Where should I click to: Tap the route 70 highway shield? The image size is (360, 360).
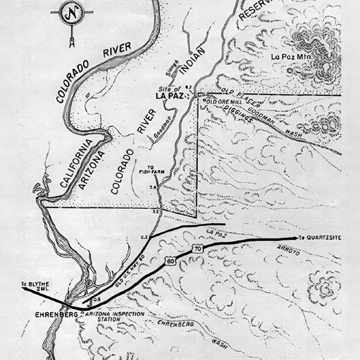pos(198,249)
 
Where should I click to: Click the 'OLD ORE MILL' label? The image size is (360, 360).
pos(222,102)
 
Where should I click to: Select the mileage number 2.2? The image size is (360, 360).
pos(144,236)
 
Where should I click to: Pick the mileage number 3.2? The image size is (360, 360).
pos(155,212)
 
